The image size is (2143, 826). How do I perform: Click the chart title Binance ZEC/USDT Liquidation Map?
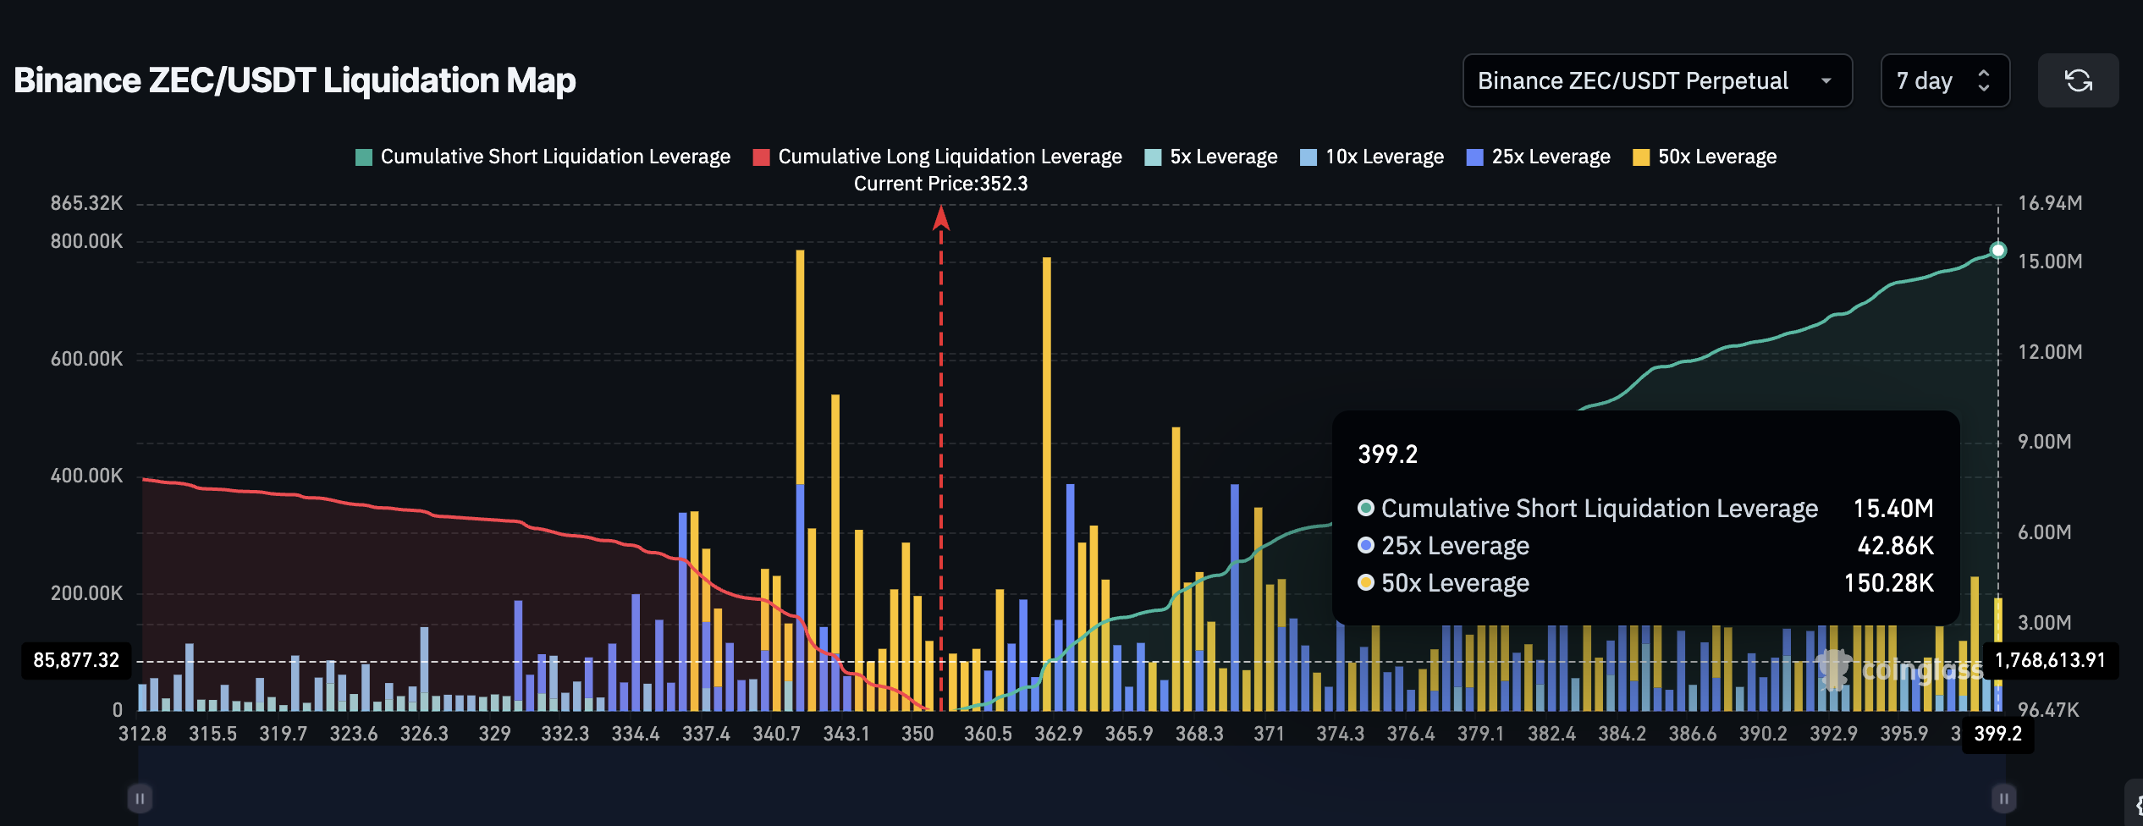pos(295,80)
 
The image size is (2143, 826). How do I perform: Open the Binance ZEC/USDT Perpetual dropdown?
pos(1656,80)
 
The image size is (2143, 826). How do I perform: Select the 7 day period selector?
pos(1944,80)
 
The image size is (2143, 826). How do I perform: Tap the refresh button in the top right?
pos(2078,80)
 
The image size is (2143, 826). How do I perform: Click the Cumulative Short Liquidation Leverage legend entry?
pos(543,157)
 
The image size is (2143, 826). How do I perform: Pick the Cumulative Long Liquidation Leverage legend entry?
pos(938,157)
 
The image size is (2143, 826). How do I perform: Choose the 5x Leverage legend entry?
pos(1211,157)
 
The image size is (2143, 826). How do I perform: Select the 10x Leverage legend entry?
pos(1372,157)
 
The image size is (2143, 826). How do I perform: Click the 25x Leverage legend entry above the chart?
pos(1539,157)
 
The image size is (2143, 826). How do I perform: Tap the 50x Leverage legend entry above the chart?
pos(1705,157)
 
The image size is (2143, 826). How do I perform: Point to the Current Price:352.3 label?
pos(940,184)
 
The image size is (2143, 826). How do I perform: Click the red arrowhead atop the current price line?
pos(941,218)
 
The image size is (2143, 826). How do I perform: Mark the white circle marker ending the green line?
pos(1998,250)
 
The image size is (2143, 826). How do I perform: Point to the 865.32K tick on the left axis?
pos(86,203)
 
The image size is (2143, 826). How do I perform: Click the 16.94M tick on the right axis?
pos(2050,203)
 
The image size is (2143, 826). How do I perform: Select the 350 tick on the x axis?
pos(917,734)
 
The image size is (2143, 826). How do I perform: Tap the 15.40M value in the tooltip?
pos(1893,508)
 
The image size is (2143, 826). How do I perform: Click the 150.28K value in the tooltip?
pos(1889,583)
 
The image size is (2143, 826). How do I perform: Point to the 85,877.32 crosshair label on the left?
pos(76,660)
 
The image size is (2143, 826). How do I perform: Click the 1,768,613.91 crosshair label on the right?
pos(2050,660)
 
